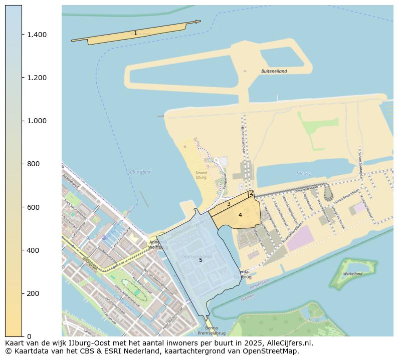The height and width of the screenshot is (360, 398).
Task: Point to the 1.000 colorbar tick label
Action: pyautogui.click(x=37, y=121)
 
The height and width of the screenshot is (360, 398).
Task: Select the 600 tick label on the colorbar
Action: pyautogui.click(x=33, y=207)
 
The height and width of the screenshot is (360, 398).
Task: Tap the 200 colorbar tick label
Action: pyautogui.click(x=33, y=293)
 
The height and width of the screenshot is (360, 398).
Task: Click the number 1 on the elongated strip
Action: pyautogui.click(x=135, y=34)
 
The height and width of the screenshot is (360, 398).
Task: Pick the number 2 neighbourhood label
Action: pyautogui.click(x=251, y=193)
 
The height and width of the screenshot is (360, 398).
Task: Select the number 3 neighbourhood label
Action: pyautogui.click(x=229, y=204)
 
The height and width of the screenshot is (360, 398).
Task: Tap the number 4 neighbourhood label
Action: pyautogui.click(x=240, y=215)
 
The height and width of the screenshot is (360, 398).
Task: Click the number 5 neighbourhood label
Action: pyautogui.click(x=201, y=260)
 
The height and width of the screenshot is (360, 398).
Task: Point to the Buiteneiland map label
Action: pyautogui.click(x=274, y=71)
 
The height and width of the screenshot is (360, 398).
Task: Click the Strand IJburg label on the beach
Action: pyautogui.click(x=201, y=175)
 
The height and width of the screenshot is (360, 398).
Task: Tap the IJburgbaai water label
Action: pyautogui.click(x=140, y=172)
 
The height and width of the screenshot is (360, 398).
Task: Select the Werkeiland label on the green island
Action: pyautogui.click(x=353, y=274)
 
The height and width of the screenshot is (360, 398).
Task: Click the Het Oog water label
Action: pyautogui.click(x=304, y=173)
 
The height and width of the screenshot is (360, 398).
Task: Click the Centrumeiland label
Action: pyautogui.click(x=196, y=256)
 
